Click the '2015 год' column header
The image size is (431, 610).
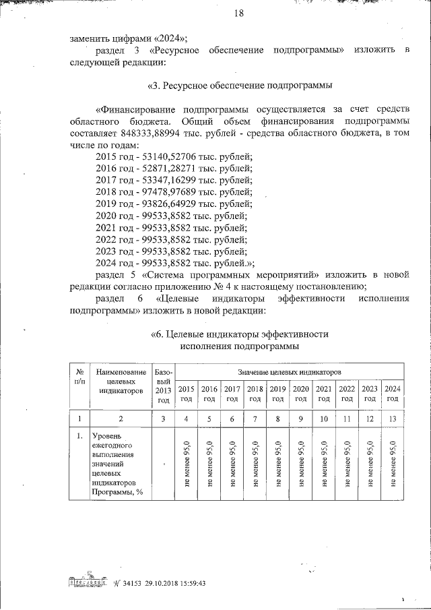point(187,394)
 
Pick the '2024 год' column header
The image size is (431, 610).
point(393,394)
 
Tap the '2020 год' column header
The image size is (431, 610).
point(301,394)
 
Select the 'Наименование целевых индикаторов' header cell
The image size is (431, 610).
point(121,381)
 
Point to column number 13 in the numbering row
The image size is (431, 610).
point(393,419)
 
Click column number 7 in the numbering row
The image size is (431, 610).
point(255,419)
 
